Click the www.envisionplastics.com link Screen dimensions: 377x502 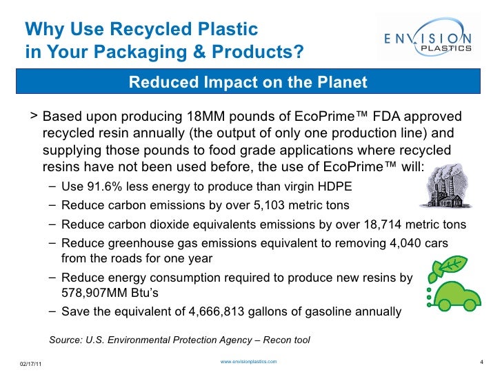click(x=248, y=362)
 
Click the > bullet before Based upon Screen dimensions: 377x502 click(x=34, y=115)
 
